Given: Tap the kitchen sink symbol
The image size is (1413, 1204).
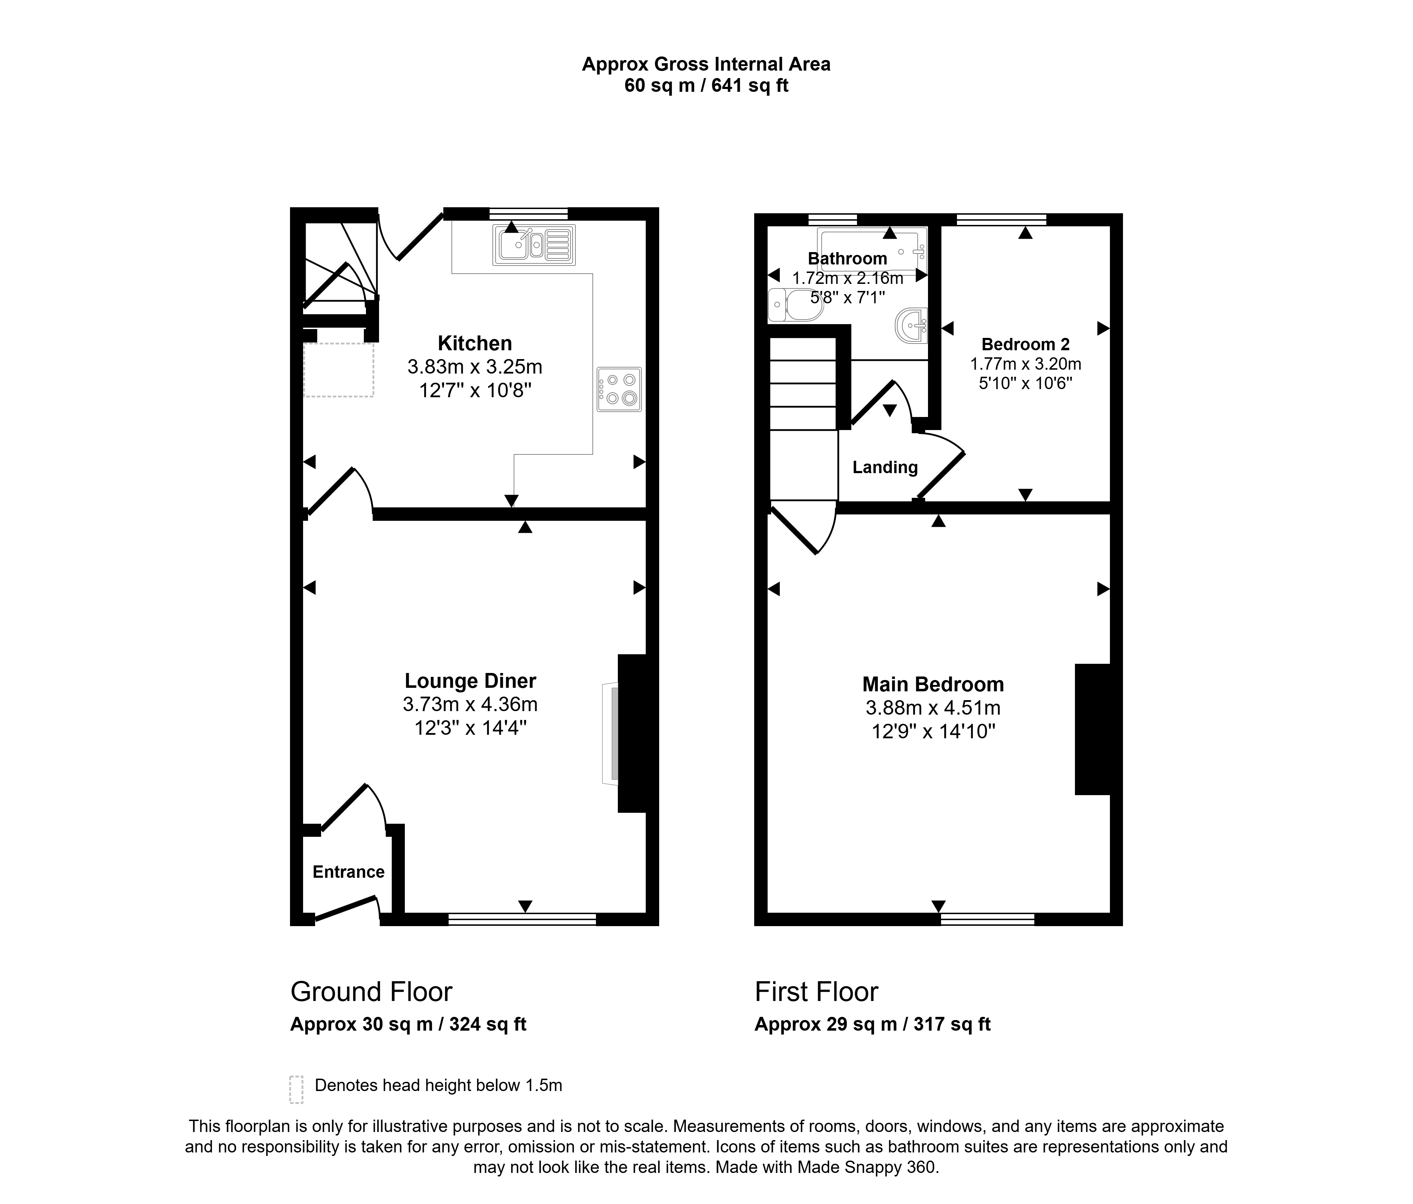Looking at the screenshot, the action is [534, 245].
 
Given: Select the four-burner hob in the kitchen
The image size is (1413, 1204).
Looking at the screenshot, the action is [619, 389].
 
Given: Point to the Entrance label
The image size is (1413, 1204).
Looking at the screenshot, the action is [348, 872].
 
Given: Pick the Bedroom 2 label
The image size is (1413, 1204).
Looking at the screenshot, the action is [1025, 344].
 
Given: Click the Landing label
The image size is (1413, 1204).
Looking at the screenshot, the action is [885, 467].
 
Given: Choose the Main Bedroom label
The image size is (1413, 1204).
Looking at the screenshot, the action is [933, 685].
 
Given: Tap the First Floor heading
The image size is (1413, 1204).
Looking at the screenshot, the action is [816, 992].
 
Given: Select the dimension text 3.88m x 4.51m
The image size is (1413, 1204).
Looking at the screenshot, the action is [933, 708].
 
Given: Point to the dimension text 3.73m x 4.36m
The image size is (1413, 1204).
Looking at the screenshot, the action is [471, 704].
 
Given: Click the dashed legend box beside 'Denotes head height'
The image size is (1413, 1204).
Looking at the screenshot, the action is [296, 1090].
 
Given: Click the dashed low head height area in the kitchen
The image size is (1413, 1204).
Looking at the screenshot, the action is [338, 370].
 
